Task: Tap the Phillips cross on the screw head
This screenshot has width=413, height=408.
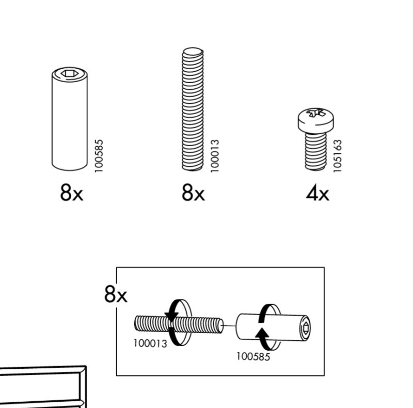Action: (315, 113)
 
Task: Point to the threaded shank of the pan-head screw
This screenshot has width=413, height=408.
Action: (315, 150)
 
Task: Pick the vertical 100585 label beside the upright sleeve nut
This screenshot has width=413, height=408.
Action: (100, 155)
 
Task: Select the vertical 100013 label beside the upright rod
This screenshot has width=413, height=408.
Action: (215, 155)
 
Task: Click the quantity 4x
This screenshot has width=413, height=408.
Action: (317, 195)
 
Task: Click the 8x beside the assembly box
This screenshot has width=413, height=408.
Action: (116, 295)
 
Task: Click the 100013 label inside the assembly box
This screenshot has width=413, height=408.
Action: (150, 343)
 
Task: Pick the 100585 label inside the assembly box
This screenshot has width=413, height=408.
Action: (253, 356)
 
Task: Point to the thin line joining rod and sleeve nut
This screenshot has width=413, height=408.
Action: (230, 325)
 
